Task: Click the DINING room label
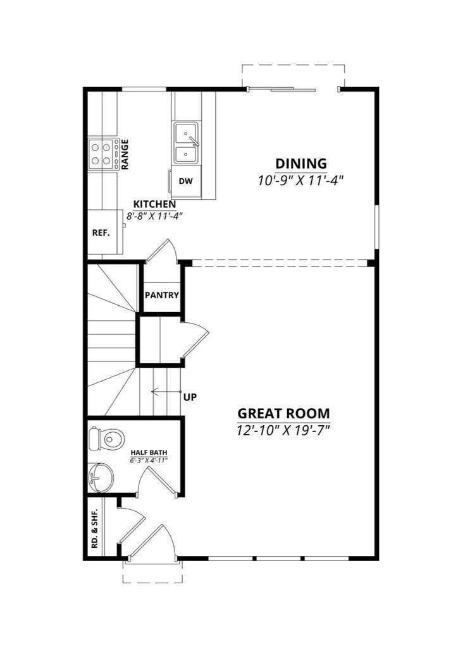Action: click(x=300, y=164)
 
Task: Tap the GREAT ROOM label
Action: click(x=283, y=414)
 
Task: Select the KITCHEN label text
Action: click(x=154, y=205)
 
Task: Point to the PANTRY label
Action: click(x=162, y=295)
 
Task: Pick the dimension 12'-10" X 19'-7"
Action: click(x=283, y=430)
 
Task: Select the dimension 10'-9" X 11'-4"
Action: click(x=300, y=180)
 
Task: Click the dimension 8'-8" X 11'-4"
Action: click(x=154, y=216)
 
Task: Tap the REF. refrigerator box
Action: click(x=101, y=233)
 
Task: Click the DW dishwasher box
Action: click(x=185, y=181)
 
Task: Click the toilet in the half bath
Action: click(x=108, y=437)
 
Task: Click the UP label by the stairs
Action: click(x=190, y=397)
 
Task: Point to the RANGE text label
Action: click(x=125, y=154)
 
